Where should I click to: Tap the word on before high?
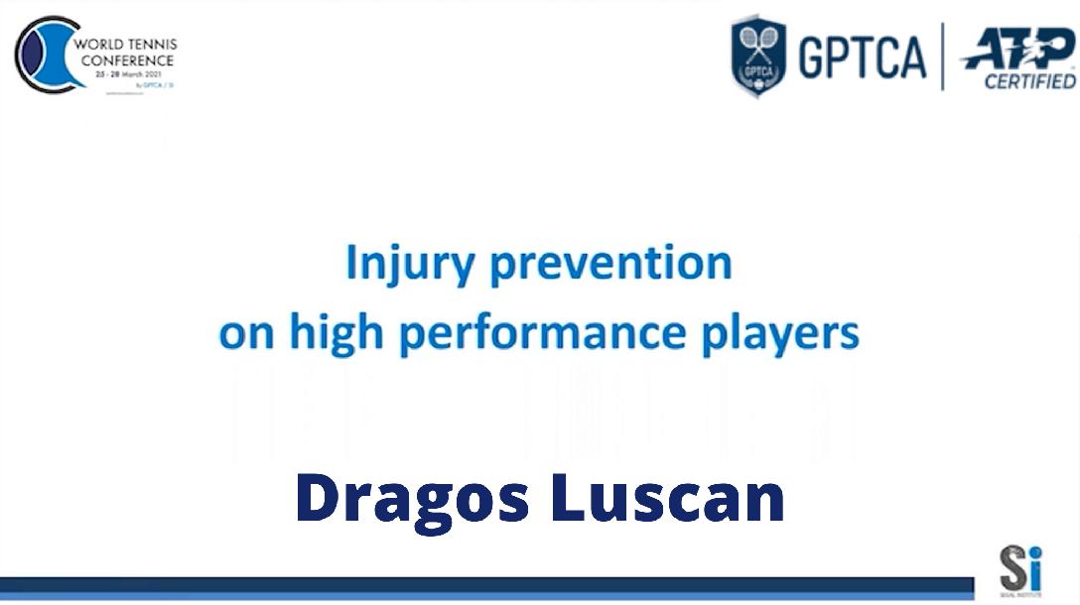pyautogui.click(x=246, y=335)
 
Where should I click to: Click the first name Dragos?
pyautogui.click(x=412, y=499)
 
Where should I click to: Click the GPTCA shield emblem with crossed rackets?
pyautogui.click(x=758, y=56)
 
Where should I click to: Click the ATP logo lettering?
pyautogui.click(x=1019, y=47)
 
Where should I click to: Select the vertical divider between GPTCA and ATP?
pyautogui.click(x=942, y=57)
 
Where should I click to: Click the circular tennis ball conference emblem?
pyautogui.click(x=45, y=55)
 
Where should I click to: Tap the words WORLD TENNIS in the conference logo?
pyautogui.click(x=127, y=46)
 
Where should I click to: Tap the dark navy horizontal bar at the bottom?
pyautogui.click(x=486, y=584)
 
